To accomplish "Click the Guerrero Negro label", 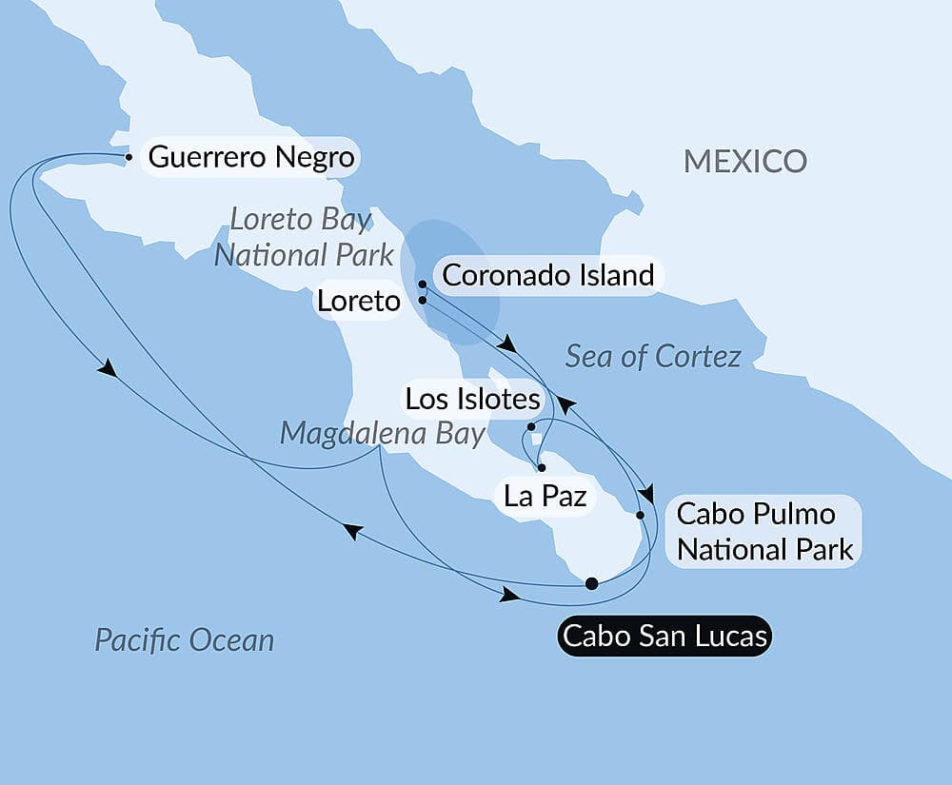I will pos(251,157).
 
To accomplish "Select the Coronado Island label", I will pos(548,276).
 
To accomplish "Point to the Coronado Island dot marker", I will pos(422,284).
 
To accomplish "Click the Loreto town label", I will pos(358,302).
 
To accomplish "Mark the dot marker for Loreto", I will pos(422,301).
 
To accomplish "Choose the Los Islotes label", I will pos(473,400).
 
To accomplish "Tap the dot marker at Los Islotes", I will pos(531,427).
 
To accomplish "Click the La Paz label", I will pos(545,495).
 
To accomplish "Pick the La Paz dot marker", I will pos(541,468).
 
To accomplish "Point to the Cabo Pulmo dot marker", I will pos(640,515).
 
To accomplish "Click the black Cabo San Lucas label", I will pos(664,636).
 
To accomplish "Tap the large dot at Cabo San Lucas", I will pos(591,583).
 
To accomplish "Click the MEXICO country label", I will pos(745,161).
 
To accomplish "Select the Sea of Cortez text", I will pos(653,357).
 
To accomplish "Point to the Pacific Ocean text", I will pos(184,639).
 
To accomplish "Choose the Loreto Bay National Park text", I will pos(304,237).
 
